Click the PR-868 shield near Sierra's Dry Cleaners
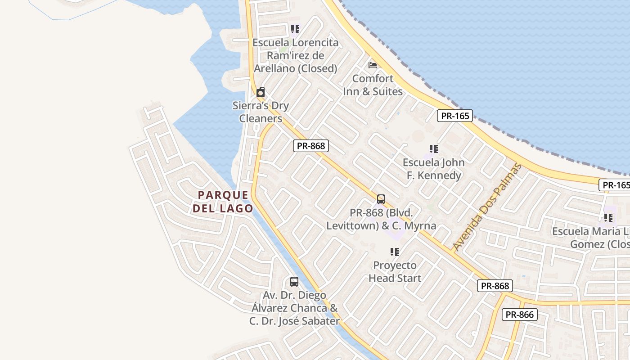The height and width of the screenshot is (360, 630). (x=311, y=146)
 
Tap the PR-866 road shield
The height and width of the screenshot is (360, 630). (x=519, y=315)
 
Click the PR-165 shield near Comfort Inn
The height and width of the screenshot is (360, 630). (x=455, y=116)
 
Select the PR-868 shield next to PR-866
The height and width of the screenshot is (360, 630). (x=495, y=286)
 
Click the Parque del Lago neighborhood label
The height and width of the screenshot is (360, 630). (x=223, y=202)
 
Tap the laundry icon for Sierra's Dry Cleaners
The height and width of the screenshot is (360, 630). (x=260, y=93)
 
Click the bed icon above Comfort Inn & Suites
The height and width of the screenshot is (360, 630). (x=373, y=65)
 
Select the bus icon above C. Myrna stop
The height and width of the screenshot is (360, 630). (x=381, y=199)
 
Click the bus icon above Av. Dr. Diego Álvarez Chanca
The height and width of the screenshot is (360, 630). (x=294, y=282)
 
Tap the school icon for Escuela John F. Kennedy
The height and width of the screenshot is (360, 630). (x=433, y=149)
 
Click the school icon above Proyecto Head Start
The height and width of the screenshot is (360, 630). (x=395, y=252)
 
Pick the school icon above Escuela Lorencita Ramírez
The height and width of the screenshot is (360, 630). (x=295, y=30)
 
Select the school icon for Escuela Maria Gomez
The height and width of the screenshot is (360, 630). (x=608, y=218)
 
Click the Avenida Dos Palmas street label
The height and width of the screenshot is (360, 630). (x=487, y=207)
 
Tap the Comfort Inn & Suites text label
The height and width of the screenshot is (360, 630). (x=373, y=85)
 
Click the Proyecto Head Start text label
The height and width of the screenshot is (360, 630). (x=395, y=272)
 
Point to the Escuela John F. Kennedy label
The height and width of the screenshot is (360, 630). (x=433, y=169)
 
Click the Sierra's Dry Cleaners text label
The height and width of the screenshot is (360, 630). (x=261, y=112)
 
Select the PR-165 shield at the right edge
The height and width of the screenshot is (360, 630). (x=615, y=185)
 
